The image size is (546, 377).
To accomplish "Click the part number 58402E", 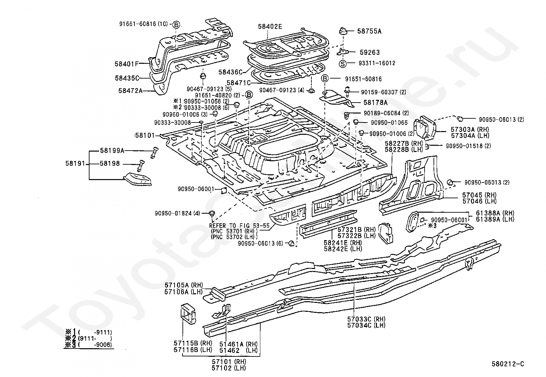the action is click(270, 26).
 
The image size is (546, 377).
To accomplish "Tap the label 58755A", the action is click(369, 31).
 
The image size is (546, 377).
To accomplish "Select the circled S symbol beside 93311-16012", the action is click(343, 64).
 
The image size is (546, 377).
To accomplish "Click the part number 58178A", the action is click(375, 103).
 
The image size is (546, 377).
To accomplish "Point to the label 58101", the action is click(145, 136).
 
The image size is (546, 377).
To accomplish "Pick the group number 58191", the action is click(75, 163).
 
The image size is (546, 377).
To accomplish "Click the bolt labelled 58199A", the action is click(154, 153).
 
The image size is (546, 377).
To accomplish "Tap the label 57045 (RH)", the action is click(479, 195).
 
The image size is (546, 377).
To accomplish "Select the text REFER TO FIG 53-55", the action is click(239, 226).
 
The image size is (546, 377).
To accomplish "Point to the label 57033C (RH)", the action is click(366, 319).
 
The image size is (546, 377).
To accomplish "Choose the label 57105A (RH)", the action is click(183, 285).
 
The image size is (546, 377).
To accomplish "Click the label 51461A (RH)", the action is click(238, 344).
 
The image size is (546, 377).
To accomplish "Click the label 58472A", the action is click(130, 91).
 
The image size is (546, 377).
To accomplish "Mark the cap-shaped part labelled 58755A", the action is click(343, 31).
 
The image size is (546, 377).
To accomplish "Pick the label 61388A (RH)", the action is click(495, 213).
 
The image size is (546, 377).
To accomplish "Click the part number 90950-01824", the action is click(173, 213).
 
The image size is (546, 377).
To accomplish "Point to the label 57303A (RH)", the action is click(470, 129).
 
